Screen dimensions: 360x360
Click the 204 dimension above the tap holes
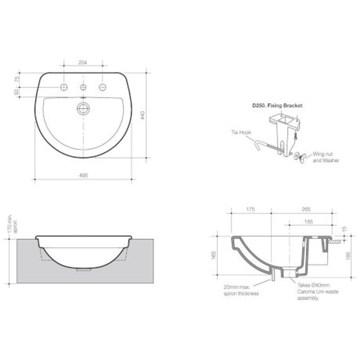coord(83,63)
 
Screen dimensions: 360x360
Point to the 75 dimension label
coord(17,79)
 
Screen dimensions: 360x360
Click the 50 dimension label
coord(17,92)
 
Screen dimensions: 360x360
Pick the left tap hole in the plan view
coord(64,86)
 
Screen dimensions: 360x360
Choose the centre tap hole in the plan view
coord(83,86)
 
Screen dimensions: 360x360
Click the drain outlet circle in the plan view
coord(83,108)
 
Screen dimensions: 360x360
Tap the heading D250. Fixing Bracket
coord(276,105)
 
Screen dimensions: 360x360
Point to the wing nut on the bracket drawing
coord(301,156)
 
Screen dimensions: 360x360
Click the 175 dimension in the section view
coord(251,209)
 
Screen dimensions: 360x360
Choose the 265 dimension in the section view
coord(306,209)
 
